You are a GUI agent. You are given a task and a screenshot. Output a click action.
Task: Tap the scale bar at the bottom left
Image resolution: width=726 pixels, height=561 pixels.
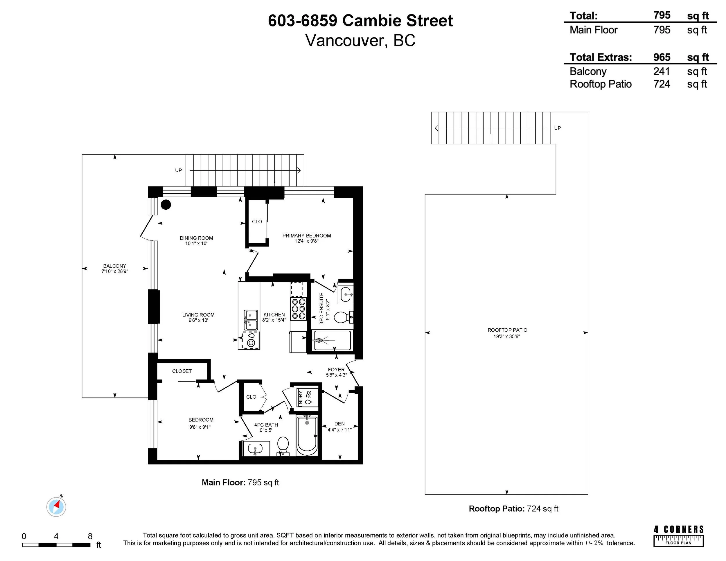click(56, 545)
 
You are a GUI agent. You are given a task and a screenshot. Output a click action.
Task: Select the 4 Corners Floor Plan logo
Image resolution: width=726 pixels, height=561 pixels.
click(678, 536)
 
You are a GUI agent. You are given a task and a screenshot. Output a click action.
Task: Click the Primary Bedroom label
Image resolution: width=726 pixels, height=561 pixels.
click(306, 235)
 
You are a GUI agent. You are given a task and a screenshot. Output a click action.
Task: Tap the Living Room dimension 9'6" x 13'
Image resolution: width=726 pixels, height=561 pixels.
click(198, 320)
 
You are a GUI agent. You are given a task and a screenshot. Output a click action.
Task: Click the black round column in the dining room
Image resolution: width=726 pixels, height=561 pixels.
click(166, 205)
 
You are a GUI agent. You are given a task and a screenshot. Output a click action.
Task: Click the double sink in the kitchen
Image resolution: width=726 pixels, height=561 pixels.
click(251, 320)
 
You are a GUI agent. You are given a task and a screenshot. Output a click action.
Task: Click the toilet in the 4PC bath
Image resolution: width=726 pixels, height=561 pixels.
click(283, 446)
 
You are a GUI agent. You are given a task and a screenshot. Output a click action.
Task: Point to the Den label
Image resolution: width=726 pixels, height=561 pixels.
click(339, 424)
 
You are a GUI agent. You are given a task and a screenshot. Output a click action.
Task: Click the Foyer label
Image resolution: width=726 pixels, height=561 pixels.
click(336, 370)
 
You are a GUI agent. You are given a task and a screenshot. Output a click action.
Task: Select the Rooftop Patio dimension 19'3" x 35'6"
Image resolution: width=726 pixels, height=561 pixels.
click(507, 336)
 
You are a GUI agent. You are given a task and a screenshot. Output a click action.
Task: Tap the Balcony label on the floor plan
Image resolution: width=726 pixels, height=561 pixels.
click(115, 266)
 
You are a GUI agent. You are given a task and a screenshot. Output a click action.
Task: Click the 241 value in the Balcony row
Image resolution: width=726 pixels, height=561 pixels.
click(662, 71)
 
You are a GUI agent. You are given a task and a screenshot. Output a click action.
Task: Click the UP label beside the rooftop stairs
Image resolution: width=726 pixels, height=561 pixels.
click(558, 128)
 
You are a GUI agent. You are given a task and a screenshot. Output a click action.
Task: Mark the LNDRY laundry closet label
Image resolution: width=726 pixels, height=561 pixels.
click(301, 398)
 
